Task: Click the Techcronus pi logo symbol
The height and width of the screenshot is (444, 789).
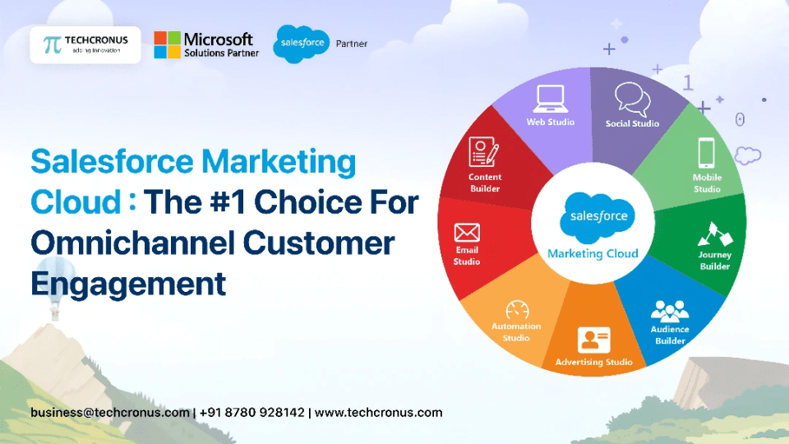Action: (52, 44)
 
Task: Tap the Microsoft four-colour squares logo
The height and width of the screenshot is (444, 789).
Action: (167, 44)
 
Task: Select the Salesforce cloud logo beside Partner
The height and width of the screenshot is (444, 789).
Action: (301, 44)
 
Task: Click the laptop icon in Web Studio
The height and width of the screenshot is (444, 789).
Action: (550, 99)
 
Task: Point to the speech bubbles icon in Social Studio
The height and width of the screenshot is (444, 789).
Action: (632, 99)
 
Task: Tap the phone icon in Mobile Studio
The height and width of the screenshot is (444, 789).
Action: (706, 154)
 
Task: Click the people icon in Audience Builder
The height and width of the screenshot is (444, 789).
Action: (669, 310)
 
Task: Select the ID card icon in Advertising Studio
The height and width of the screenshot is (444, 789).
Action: (593, 339)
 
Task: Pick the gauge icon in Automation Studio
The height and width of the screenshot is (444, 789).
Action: (517, 310)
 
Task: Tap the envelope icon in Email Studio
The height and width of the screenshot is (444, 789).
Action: (467, 234)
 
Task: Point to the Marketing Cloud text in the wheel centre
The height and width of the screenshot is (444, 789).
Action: (593, 253)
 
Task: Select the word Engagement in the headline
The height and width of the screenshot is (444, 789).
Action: (128, 283)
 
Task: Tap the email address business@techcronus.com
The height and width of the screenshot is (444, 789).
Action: (110, 412)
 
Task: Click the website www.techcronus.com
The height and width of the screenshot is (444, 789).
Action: (378, 412)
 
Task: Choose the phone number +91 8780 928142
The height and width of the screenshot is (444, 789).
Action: (251, 412)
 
